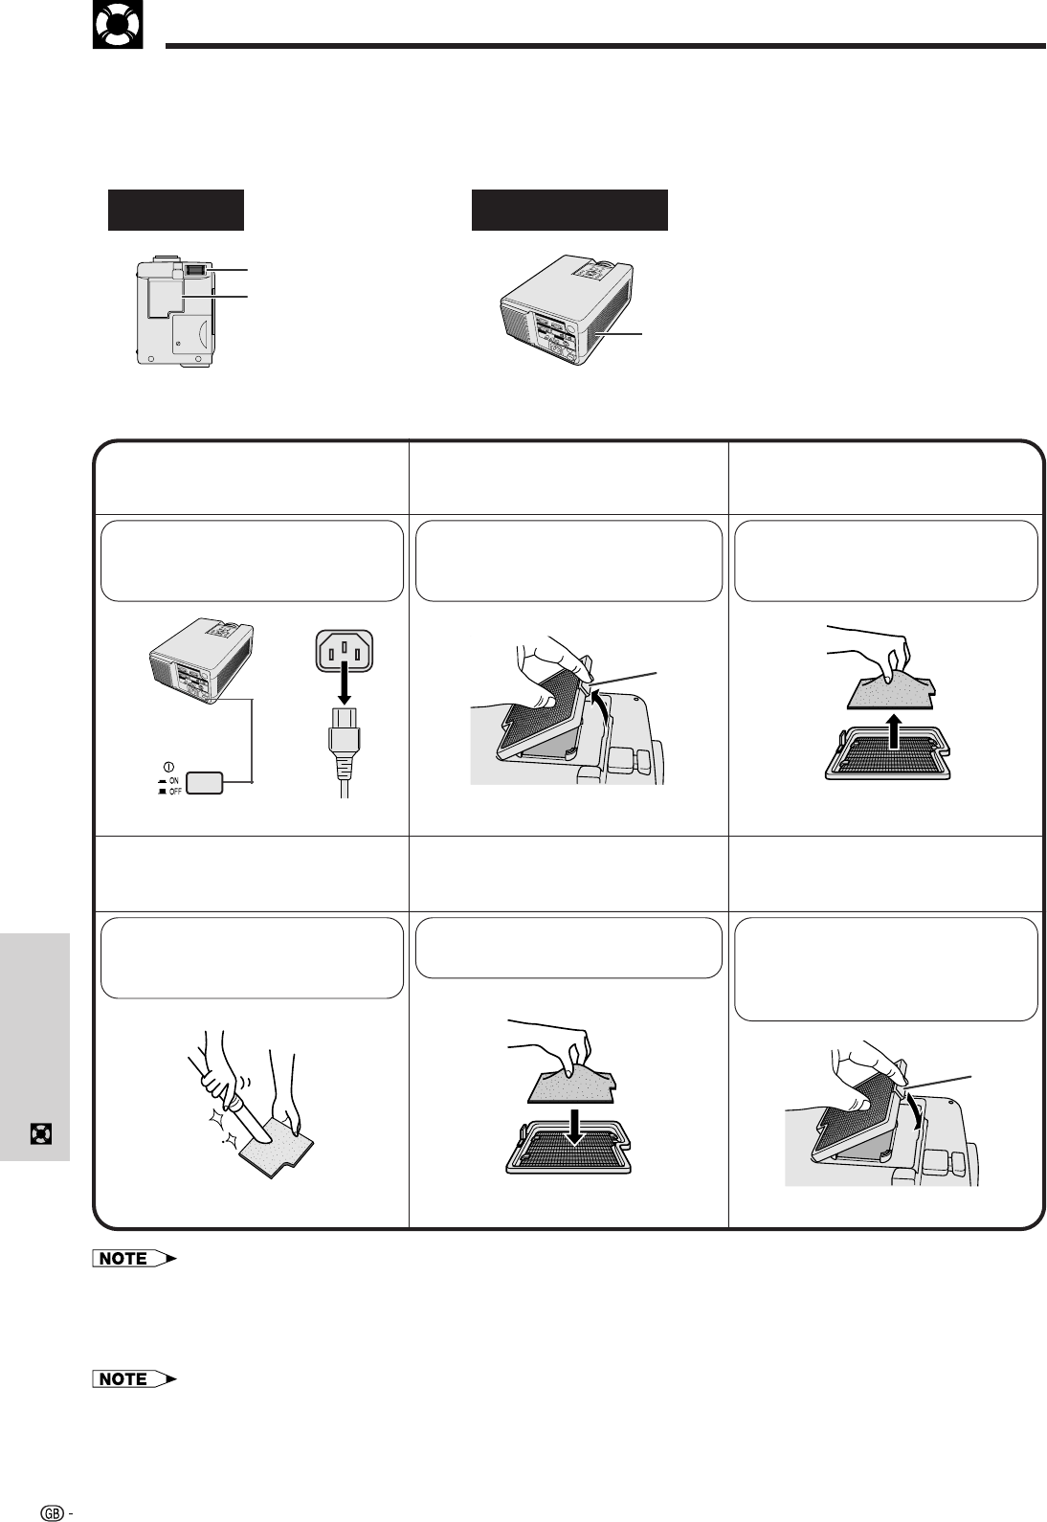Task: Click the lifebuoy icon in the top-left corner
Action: (x=118, y=25)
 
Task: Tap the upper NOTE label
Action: (x=134, y=1259)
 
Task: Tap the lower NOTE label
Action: (x=134, y=1378)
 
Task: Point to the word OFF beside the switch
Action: (x=175, y=792)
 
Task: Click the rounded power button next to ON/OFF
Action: (x=205, y=783)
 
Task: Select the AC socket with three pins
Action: (x=344, y=651)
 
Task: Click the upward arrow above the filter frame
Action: (x=896, y=730)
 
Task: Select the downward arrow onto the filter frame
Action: (x=575, y=1127)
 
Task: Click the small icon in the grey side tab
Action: (x=41, y=1133)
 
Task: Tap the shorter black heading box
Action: (x=176, y=210)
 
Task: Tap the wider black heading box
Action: (x=569, y=210)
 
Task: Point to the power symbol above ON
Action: (x=169, y=768)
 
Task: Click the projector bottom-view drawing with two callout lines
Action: (x=176, y=311)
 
